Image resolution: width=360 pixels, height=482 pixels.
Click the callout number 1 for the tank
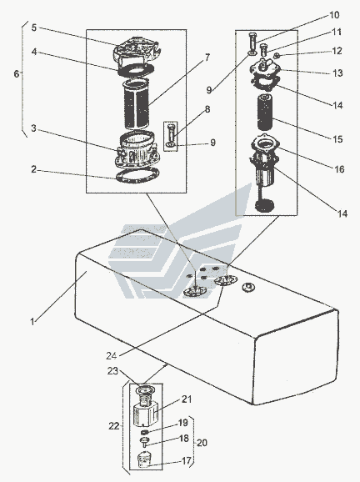click(32, 322)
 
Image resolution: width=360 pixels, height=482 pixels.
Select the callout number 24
click(112, 355)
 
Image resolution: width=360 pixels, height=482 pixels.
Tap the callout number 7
click(207, 58)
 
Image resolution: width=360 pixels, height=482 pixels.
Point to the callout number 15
click(337, 139)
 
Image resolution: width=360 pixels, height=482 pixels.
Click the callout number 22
click(113, 426)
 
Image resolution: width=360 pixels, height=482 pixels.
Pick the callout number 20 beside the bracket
click(202, 443)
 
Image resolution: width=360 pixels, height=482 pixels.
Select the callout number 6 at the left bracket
click(17, 73)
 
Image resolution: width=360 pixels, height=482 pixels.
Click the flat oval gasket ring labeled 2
click(137, 176)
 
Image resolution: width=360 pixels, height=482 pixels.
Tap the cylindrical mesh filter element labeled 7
click(137, 104)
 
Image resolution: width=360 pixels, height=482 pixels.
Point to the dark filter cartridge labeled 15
click(265, 113)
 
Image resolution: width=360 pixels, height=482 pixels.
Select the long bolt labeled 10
click(252, 43)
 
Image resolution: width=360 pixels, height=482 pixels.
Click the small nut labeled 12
click(276, 56)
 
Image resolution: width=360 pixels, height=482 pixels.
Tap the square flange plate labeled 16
click(265, 143)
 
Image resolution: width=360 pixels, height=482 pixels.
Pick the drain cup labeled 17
click(144, 459)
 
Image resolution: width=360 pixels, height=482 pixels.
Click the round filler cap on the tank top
click(248, 288)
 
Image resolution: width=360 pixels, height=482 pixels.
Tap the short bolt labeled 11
click(263, 49)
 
